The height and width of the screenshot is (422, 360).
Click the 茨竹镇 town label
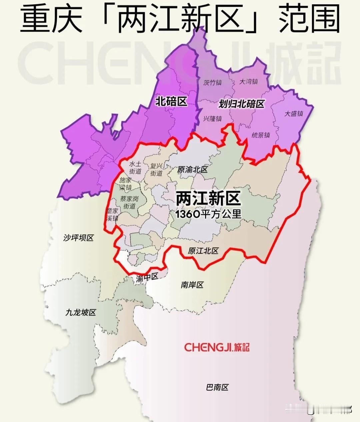(212, 82)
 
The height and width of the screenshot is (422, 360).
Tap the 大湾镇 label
(249, 81)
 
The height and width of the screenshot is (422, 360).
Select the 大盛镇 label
(294, 113)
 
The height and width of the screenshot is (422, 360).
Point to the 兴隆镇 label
(212, 118)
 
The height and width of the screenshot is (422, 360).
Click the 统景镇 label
(260, 135)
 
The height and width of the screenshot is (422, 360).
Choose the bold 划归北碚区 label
(241, 104)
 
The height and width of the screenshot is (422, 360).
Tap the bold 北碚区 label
(171, 101)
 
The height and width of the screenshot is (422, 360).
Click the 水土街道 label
(135, 168)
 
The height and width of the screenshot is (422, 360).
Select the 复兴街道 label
(156, 169)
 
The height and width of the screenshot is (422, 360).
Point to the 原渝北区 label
(192, 169)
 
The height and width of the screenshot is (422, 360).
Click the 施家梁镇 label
(125, 183)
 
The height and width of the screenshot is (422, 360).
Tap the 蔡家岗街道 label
(129, 202)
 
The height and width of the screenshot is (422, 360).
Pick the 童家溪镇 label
(112, 215)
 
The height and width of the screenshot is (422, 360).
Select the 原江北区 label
(203, 251)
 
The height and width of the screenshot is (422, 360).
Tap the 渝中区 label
(147, 278)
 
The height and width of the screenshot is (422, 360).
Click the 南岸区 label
(192, 285)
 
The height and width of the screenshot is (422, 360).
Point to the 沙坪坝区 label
(78, 238)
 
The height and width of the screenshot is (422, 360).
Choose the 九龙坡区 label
(81, 312)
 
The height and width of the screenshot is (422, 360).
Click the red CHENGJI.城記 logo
(217, 347)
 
